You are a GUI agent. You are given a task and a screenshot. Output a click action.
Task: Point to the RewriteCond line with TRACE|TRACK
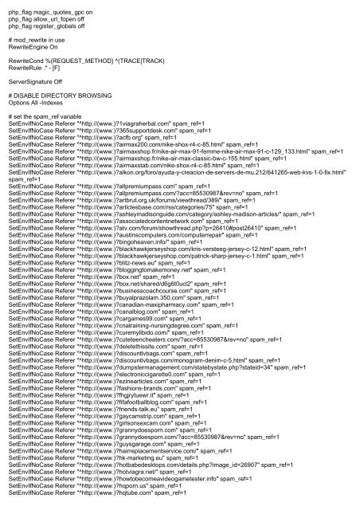tap(86, 69)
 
